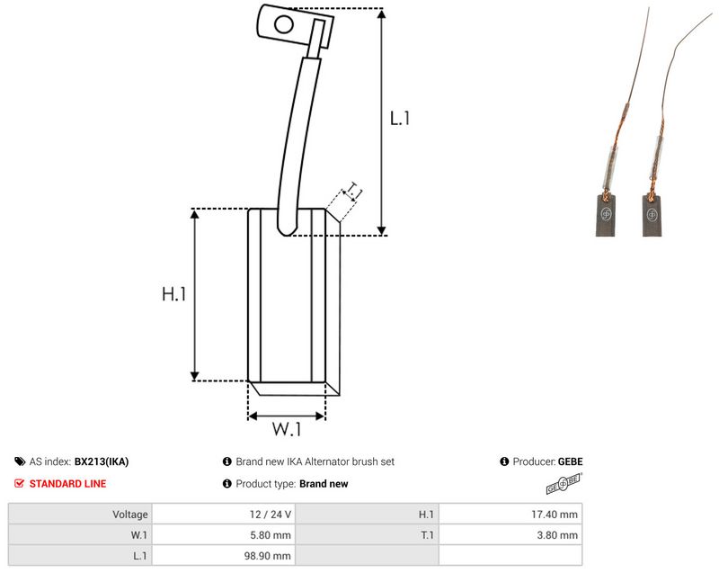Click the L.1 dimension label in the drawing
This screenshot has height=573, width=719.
pyautogui.click(x=399, y=119)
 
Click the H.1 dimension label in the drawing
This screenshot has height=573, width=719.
pyautogui.click(x=174, y=293)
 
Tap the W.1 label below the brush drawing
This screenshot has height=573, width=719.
pyautogui.click(x=287, y=429)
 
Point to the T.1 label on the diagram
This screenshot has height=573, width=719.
pyautogui.click(x=353, y=191)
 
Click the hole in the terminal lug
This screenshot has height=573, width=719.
pyautogui.click(x=284, y=24)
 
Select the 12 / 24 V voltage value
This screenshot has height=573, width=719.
pyautogui.click(x=271, y=515)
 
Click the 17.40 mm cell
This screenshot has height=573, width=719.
pyautogui.click(x=555, y=515)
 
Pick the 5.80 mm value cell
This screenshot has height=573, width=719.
pyautogui.click(x=271, y=535)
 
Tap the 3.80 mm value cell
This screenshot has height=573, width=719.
pyautogui.click(x=557, y=535)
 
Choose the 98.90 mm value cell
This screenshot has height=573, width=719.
pyautogui.click(x=267, y=556)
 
